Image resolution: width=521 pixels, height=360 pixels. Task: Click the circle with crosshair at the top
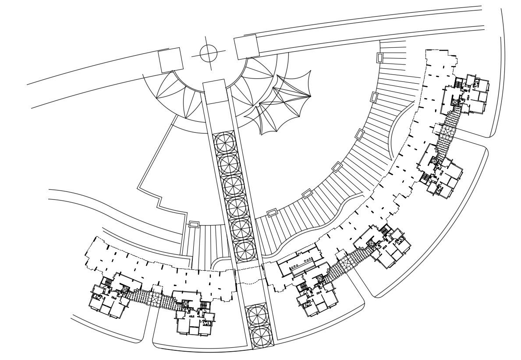[x=209, y=53]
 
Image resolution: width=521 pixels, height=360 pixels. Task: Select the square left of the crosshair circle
[x=170, y=60]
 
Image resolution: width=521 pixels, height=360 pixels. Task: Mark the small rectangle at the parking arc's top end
[x=379, y=57]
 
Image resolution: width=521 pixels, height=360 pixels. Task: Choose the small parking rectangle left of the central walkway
[x=193, y=224]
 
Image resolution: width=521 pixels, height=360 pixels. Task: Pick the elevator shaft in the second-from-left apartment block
[x=185, y=304]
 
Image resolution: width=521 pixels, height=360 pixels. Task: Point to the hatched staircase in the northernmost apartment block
[x=458, y=83]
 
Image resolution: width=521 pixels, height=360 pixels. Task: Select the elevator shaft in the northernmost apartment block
[x=454, y=102]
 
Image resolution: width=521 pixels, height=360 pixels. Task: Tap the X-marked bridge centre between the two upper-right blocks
[x=446, y=130]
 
